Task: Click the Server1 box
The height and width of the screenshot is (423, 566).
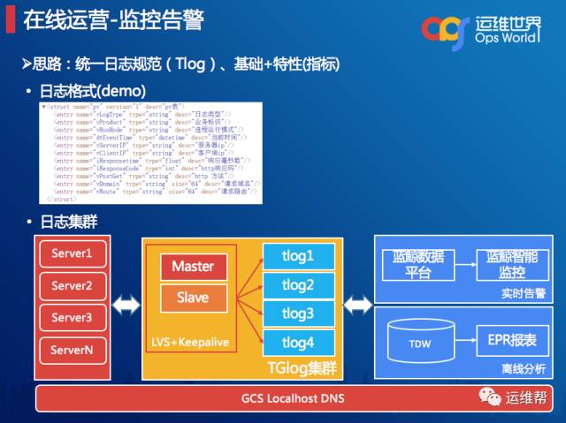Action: pos(72,254)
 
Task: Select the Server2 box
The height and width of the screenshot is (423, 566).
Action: pos(72,286)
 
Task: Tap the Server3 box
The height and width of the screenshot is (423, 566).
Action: pos(72,317)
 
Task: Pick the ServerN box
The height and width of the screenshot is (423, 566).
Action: pos(72,350)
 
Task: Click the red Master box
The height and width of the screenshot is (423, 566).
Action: pos(193,266)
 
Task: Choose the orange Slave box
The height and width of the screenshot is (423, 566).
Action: pos(193,298)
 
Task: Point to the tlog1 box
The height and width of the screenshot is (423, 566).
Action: pos(297,256)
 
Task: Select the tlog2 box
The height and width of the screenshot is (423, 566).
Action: pos(297,285)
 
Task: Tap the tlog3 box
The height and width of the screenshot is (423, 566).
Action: pos(297,313)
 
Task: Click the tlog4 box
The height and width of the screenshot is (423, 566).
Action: pos(297,343)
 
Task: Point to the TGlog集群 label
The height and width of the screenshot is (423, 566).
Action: pos(304,366)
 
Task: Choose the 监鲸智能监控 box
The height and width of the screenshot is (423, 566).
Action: pos(509,263)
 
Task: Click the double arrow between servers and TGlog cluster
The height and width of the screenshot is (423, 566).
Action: pos(125,306)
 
